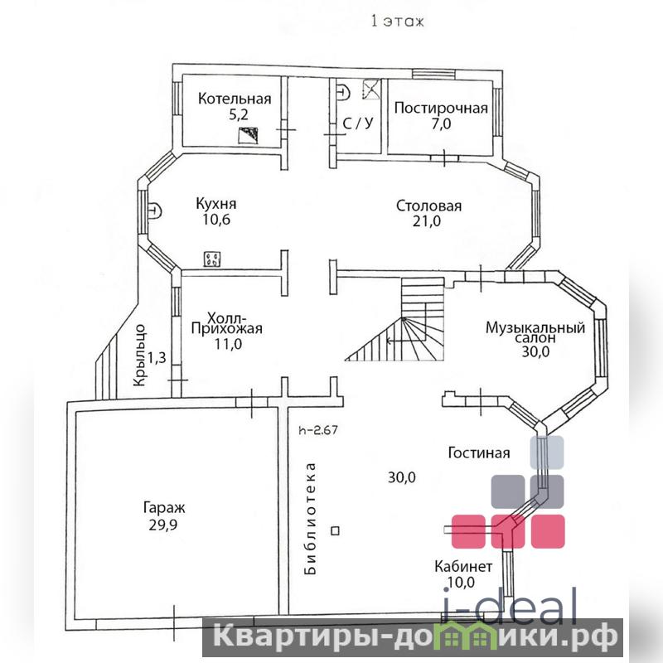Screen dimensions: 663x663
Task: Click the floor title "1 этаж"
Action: pos(397,22)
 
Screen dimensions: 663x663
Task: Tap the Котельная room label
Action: pos(235,99)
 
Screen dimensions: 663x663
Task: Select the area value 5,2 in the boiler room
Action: pos(238,114)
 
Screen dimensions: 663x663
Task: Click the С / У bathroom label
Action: pos(358,123)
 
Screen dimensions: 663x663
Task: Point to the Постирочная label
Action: pos(441,108)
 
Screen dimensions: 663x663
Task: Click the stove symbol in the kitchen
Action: pos(212,259)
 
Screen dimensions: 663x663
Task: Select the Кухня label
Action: pos(216,204)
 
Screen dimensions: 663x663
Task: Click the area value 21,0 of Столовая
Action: pos(427,220)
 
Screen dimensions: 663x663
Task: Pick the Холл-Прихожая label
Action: pos(226,323)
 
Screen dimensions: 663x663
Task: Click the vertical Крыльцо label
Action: pos(139,356)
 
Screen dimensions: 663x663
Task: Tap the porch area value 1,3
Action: pos(157,358)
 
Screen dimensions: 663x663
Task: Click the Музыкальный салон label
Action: pos(535,332)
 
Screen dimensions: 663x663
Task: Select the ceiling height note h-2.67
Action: pos(318,430)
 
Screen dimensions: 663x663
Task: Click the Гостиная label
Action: pos(479,452)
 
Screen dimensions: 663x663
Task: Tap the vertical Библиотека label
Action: pos(310,519)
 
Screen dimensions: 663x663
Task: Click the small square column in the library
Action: pos(336,530)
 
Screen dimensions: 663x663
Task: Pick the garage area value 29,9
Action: pos(162,525)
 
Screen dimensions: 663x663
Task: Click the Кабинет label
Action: pos(463,566)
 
